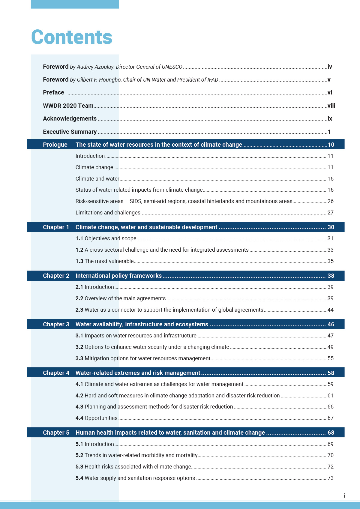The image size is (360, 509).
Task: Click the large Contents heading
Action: [72, 37]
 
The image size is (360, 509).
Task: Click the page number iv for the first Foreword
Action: [330, 67]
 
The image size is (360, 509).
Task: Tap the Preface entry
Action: [53, 93]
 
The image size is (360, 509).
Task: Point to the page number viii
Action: [331, 106]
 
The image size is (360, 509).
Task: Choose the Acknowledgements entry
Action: [70, 119]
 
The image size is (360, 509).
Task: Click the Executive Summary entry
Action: [70, 132]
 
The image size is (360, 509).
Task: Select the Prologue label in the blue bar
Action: [55, 145]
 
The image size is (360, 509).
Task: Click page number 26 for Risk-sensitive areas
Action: [330, 201]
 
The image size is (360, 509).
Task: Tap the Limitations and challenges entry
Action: [108, 213]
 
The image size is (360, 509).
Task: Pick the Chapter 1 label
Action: [56, 227]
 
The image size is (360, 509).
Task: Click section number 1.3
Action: [79, 261]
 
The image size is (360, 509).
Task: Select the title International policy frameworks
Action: [118, 276]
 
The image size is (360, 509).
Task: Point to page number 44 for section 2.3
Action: [330, 310]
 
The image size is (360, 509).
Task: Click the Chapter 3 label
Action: [56, 324]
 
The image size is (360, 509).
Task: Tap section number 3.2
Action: [79, 347]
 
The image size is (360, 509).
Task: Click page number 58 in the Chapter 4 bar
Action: [331, 373]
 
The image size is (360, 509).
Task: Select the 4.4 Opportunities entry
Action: [96, 418]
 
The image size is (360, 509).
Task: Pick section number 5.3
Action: [79, 467]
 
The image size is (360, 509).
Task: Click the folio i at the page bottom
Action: [344, 496]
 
